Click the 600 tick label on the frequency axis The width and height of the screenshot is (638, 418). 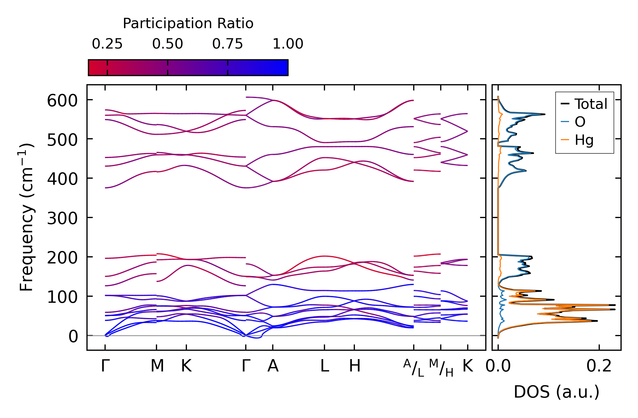[62, 101]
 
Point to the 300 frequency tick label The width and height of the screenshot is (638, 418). [62, 219]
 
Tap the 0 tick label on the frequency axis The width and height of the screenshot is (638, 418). [73, 337]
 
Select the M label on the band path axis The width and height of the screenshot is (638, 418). [157, 366]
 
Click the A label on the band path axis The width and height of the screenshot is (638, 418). [273, 366]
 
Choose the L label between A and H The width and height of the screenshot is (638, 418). [324, 366]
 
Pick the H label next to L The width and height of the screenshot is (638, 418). [355, 366]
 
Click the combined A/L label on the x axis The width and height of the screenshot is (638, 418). [413, 368]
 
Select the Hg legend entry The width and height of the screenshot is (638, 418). [584, 140]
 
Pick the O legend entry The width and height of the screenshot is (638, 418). [580, 122]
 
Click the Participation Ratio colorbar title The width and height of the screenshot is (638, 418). [188, 24]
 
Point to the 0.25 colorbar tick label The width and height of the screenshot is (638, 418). [107, 44]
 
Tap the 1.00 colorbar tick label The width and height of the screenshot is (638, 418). [288, 44]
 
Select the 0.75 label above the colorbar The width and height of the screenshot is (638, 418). [227, 44]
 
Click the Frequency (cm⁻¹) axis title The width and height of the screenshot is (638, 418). [26, 217]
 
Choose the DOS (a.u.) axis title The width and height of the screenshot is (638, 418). [556, 392]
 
